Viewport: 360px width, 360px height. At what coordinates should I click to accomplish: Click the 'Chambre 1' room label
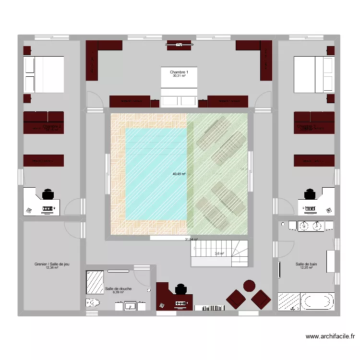179,72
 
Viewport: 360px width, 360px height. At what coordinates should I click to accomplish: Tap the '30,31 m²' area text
179,76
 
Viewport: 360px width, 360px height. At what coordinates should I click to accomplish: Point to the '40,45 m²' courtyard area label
180,175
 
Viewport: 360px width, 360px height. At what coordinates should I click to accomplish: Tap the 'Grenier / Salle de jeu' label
52,264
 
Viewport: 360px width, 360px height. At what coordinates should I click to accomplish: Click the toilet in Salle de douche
93,303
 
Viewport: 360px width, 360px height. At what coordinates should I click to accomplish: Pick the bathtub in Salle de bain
317,301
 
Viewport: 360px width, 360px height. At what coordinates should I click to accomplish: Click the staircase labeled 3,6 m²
220,254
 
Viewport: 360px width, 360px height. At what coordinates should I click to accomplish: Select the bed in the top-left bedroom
44,74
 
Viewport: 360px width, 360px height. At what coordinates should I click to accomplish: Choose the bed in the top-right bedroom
314,74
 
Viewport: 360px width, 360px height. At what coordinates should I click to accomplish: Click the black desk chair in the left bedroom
48,194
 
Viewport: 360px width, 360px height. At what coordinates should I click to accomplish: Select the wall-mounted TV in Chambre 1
179,46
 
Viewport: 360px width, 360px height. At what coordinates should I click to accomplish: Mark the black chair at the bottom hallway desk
180,289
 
